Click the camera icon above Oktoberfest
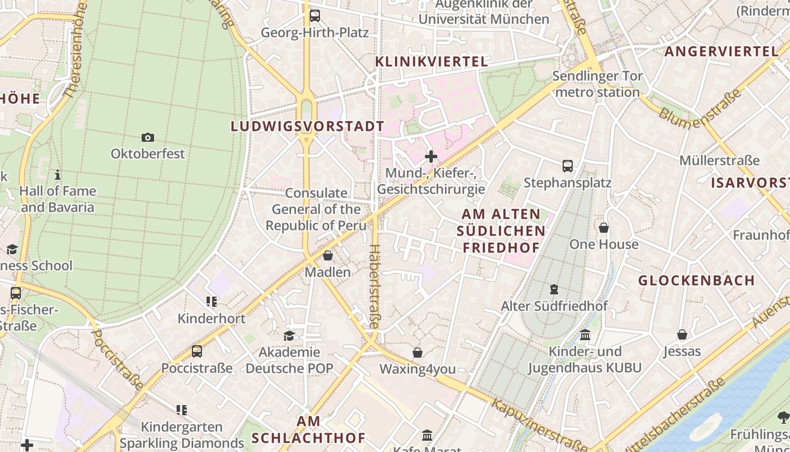[x=148, y=137]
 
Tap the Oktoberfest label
[x=148, y=154]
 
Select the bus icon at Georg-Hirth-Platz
[x=315, y=16]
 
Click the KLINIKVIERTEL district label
[x=432, y=62]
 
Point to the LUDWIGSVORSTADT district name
[x=308, y=126]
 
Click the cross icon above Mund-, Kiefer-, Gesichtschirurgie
[x=431, y=156]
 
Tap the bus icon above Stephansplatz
[x=568, y=166]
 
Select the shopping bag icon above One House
[x=604, y=228]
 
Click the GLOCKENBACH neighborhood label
[x=696, y=280]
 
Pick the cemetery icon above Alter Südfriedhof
[x=554, y=289]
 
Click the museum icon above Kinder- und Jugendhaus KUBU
[x=585, y=335]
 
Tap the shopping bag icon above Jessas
[x=682, y=334]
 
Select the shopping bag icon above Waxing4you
[x=418, y=353]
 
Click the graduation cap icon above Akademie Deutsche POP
[x=289, y=336]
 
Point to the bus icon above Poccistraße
[x=197, y=351]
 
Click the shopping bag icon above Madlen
[x=328, y=255]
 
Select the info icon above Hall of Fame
[x=58, y=175]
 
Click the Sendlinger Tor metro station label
[x=598, y=84]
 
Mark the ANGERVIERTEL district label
[x=721, y=51]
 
